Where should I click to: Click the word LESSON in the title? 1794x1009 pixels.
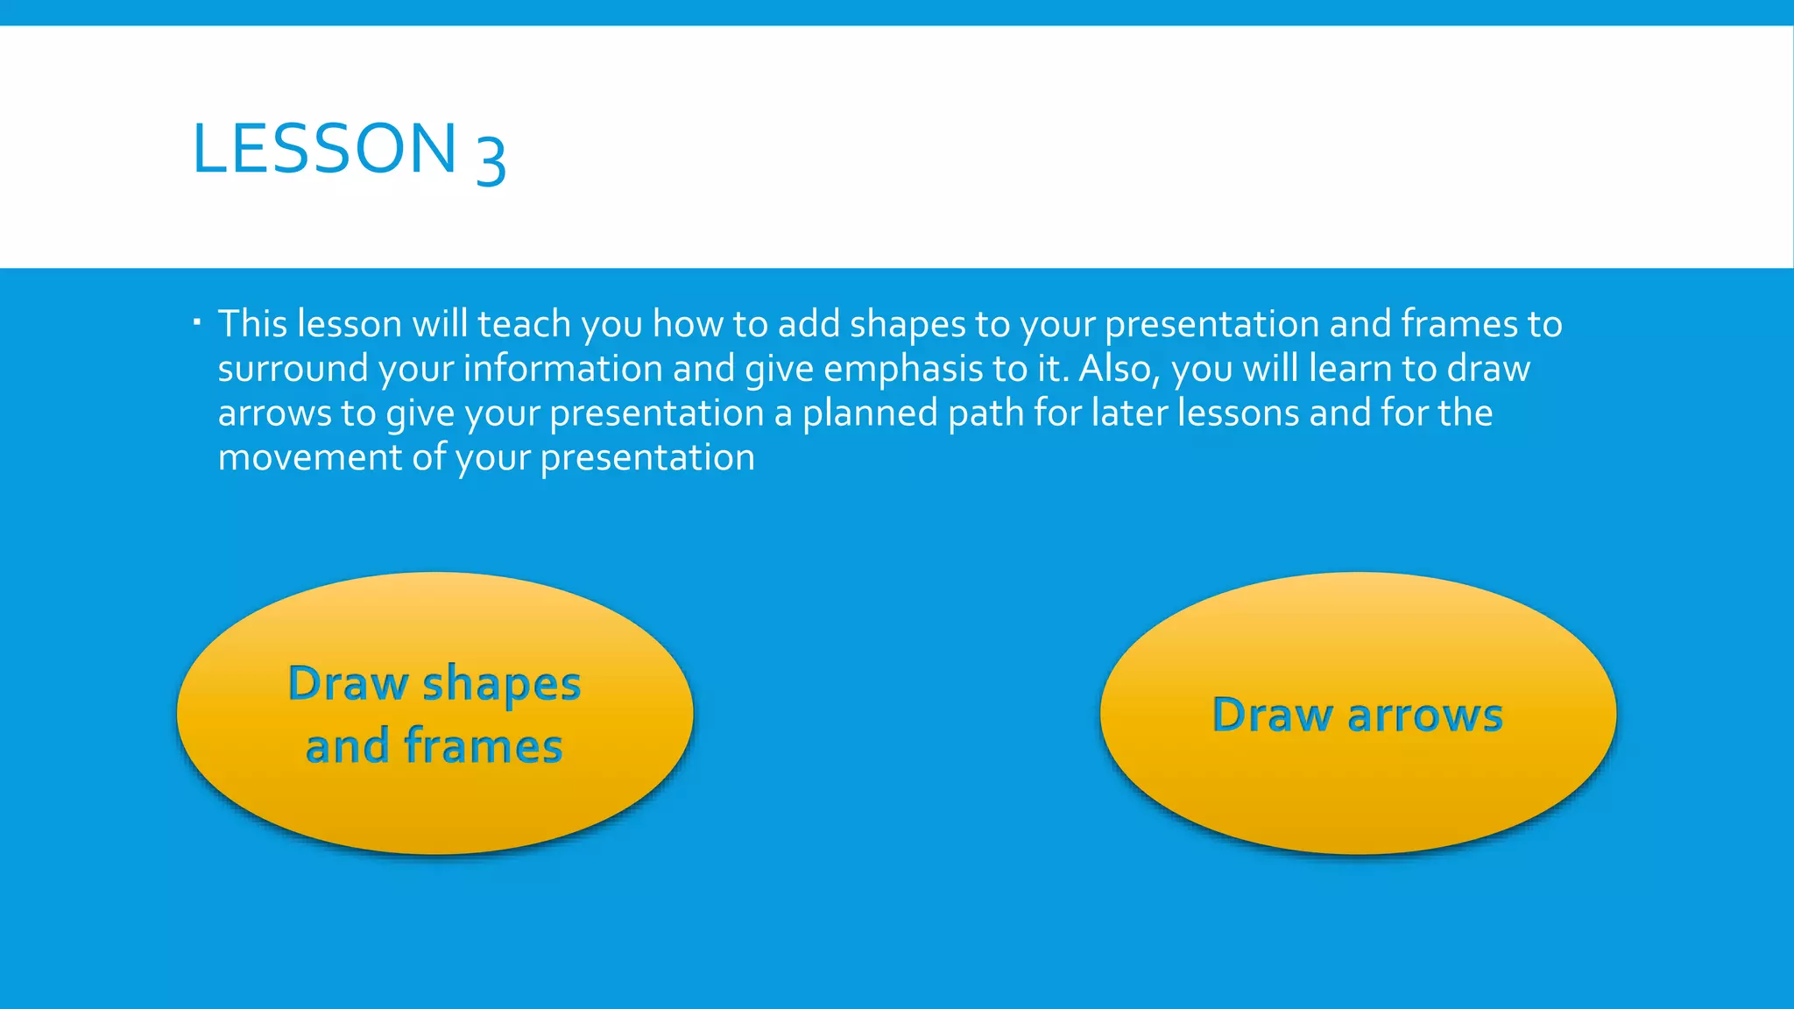coord(324,149)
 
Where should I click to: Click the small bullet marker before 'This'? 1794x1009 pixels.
coord(198,323)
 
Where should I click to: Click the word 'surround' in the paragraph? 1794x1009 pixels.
coord(293,369)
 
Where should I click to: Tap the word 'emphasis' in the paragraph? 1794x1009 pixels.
coord(902,369)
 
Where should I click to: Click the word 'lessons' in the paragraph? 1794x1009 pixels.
coord(1238,413)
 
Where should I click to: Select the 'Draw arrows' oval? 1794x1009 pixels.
coord(1358,788)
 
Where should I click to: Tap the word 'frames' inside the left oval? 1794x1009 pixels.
coord(483,746)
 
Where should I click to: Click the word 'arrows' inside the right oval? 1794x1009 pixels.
coord(1425,716)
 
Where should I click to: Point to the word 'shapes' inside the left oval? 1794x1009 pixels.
coord(501,685)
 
